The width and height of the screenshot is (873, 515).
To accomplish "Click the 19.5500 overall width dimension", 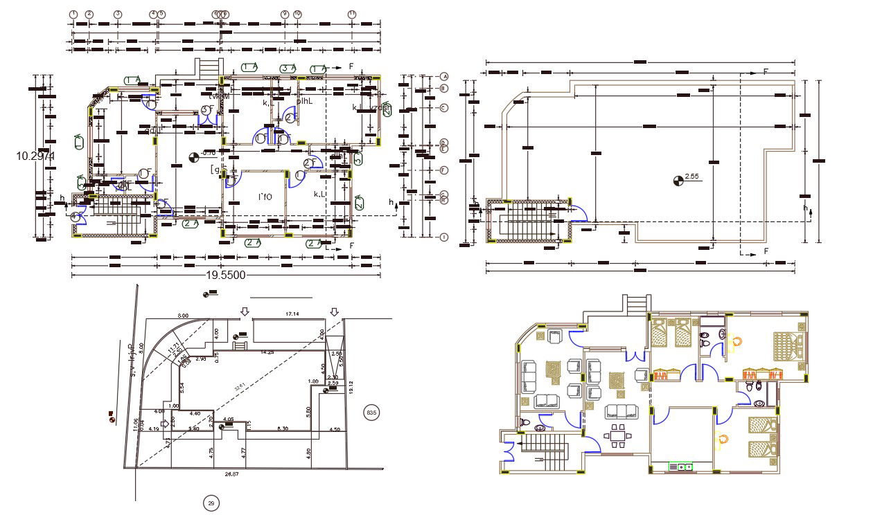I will click(226, 275).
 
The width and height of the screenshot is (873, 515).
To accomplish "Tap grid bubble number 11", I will click(352, 14).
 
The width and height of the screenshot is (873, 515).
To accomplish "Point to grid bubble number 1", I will click(75, 14).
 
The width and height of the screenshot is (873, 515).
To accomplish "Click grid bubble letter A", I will click(445, 76).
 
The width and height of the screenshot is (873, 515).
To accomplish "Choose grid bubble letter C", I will click(445, 107).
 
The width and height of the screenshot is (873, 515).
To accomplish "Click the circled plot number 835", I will click(371, 413).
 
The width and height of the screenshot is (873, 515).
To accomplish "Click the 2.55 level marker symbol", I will click(678, 181).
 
